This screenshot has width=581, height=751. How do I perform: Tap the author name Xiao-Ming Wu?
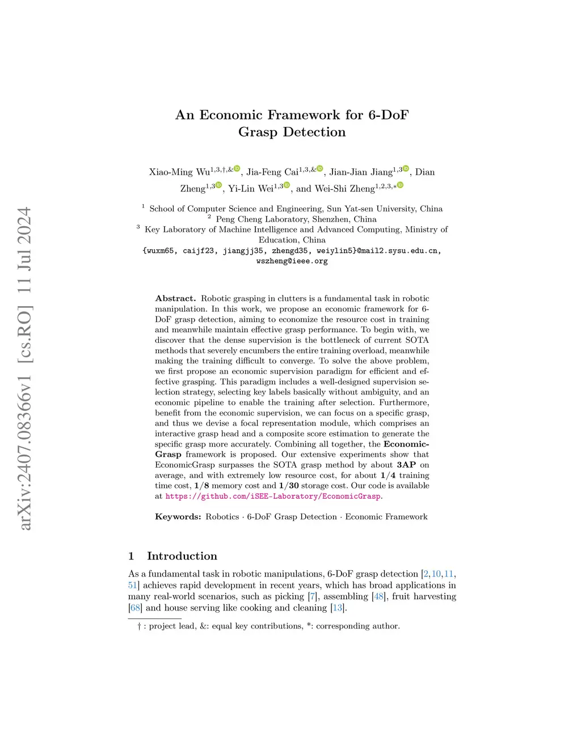click(x=179, y=172)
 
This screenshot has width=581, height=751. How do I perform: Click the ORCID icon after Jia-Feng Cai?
click(x=320, y=168)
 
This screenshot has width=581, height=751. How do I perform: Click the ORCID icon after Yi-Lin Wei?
click(x=287, y=185)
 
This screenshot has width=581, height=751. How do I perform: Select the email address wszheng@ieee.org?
click(x=292, y=261)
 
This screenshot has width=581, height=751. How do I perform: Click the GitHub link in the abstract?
click(x=273, y=497)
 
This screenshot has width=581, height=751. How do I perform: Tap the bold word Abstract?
click(x=175, y=299)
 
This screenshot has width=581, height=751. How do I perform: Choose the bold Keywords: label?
click(x=178, y=517)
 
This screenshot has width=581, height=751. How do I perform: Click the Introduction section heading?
click(x=182, y=556)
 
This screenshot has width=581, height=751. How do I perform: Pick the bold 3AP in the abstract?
click(x=406, y=465)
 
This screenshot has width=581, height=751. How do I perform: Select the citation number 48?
click(x=378, y=596)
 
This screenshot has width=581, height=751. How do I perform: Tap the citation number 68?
click(x=135, y=608)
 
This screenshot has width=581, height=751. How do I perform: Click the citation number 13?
click(x=338, y=608)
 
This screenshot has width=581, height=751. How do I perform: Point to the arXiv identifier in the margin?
click(x=25, y=368)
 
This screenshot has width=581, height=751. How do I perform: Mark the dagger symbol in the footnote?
click(x=139, y=626)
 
